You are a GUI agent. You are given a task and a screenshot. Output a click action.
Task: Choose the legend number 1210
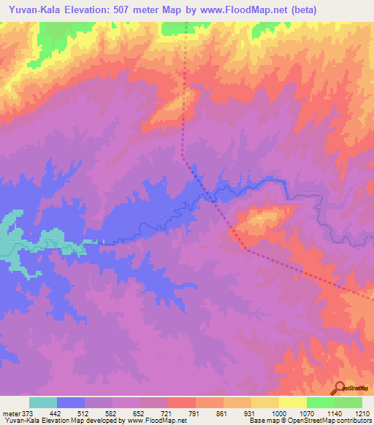pos(362,413)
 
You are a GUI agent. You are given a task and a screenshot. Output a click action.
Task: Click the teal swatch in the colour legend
pos(42,402)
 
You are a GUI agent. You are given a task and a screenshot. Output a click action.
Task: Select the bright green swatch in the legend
pos(320,402)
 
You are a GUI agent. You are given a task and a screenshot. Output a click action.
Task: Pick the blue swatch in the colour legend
pos(71,402)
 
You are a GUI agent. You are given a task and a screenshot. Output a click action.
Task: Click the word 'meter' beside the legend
pos(9,413)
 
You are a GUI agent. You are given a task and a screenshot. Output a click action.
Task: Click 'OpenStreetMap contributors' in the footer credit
pos(332,421)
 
